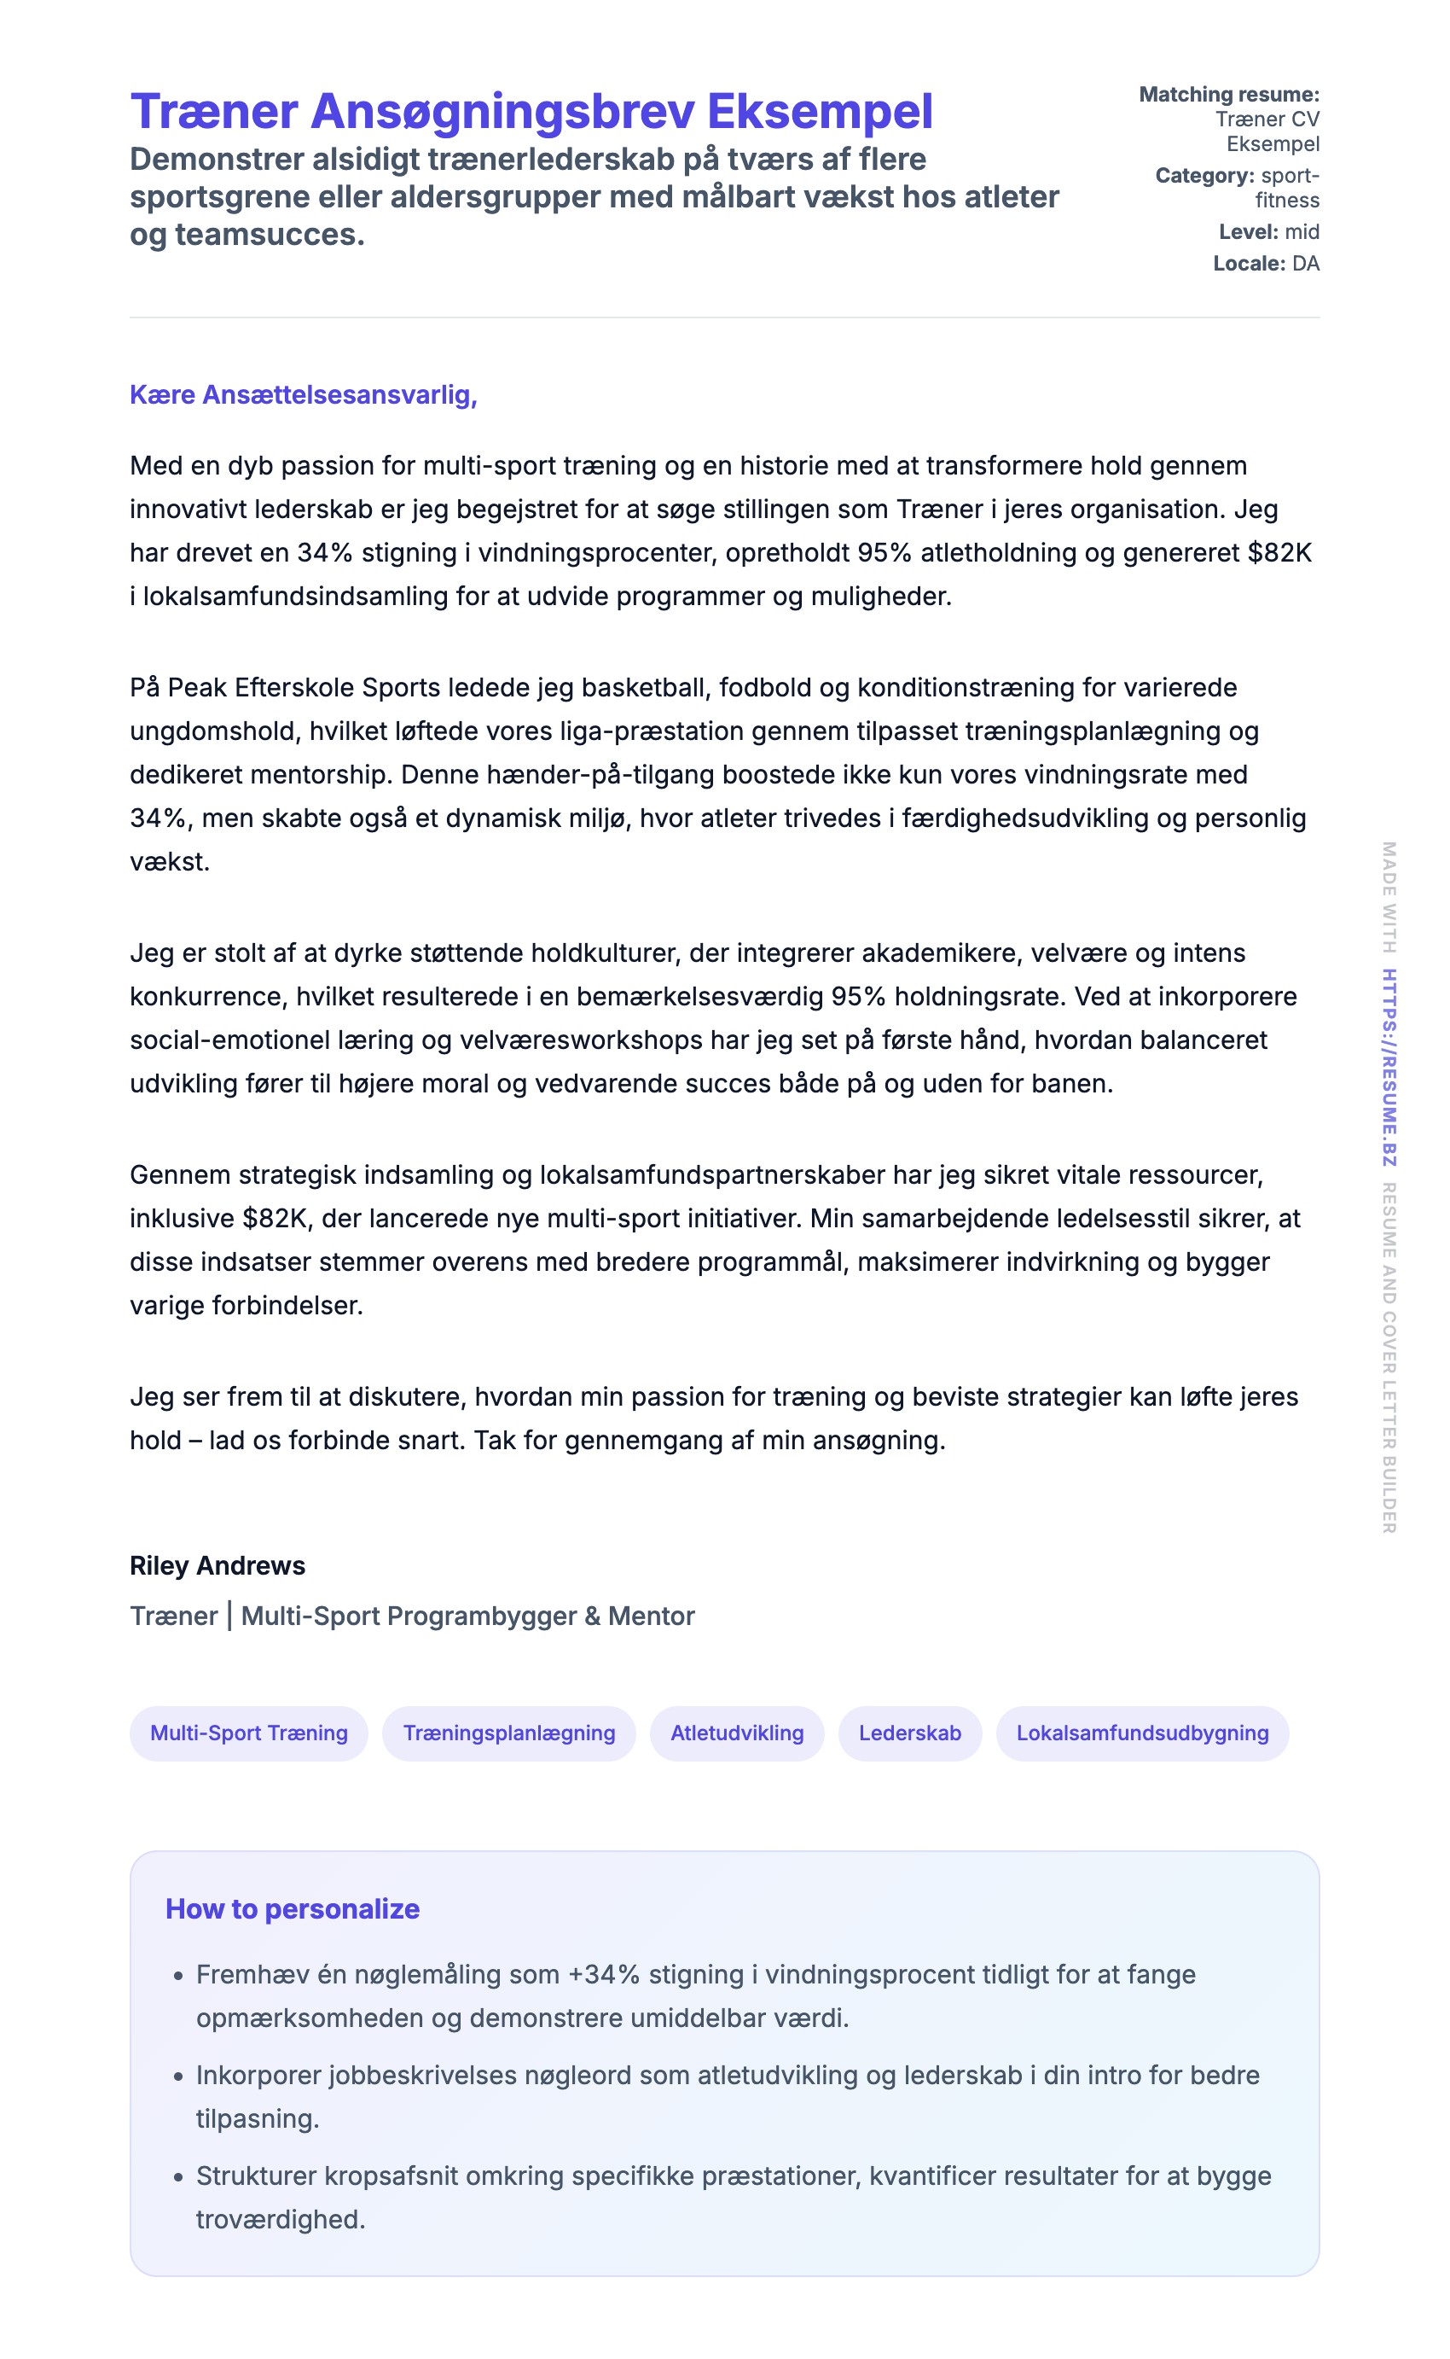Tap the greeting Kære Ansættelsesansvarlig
point(303,395)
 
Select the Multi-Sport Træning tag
point(248,1733)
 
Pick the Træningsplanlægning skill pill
point(508,1733)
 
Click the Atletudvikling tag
point(736,1733)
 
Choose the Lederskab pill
point(909,1733)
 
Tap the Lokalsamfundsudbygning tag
point(1142,1733)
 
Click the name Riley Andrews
point(217,1565)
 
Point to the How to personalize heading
point(293,1909)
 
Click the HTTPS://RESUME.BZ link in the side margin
point(1389,1068)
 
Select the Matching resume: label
point(1228,95)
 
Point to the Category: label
point(1204,176)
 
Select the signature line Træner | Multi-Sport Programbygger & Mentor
point(412,1616)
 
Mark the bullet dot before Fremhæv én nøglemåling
point(178,1977)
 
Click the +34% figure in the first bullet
point(603,1974)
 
